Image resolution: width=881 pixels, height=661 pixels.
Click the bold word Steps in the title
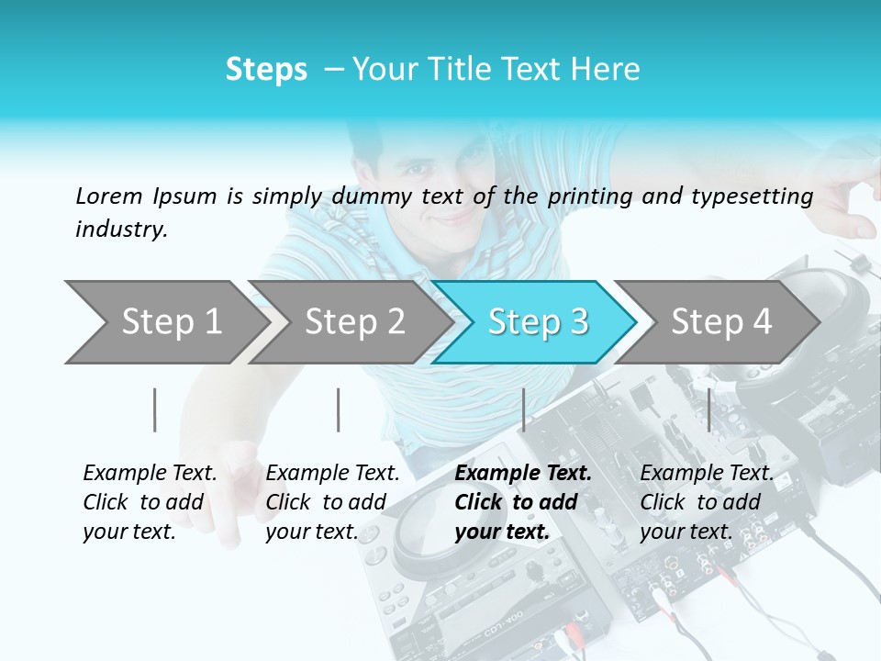[266, 69]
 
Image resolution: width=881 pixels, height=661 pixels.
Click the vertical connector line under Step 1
[155, 409]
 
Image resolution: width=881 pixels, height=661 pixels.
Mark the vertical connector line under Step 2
[339, 409]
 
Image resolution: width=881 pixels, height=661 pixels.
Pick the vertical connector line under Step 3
[523, 409]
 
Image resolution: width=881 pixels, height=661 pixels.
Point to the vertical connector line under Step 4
[708, 409]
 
